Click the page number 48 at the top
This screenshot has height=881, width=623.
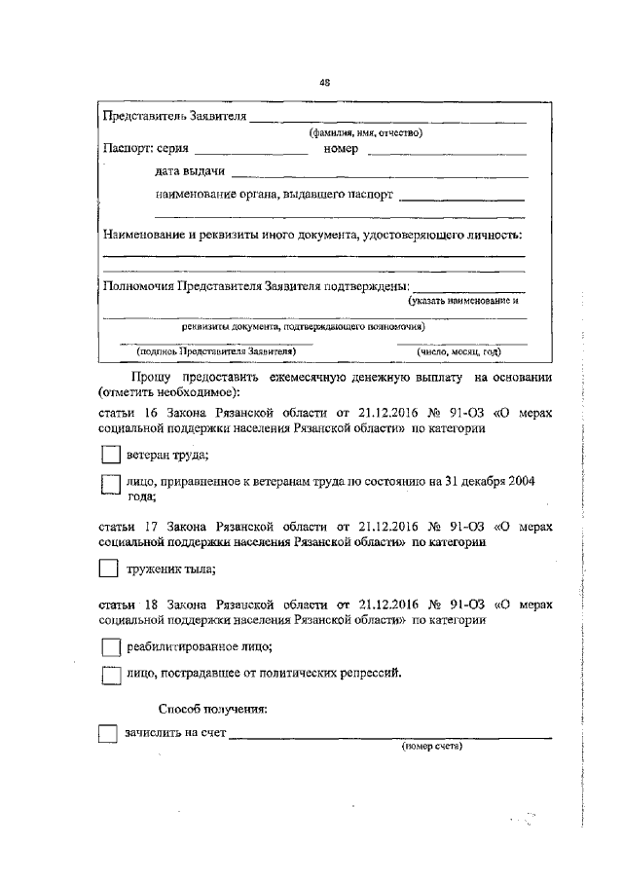(324, 83)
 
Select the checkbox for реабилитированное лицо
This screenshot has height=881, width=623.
(111, 646)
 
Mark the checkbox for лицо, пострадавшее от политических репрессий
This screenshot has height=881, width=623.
(111, 674)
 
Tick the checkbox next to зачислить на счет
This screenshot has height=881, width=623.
(108, 734)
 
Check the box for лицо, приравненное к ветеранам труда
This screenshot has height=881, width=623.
(111, 484)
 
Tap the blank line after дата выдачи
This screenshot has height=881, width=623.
(380, 176)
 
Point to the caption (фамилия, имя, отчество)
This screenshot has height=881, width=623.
(365, 133)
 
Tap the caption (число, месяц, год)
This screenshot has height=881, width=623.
(458, 351)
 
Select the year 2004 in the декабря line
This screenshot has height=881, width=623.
(520, 480)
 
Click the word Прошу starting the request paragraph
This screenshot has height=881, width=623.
(152, 377)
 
